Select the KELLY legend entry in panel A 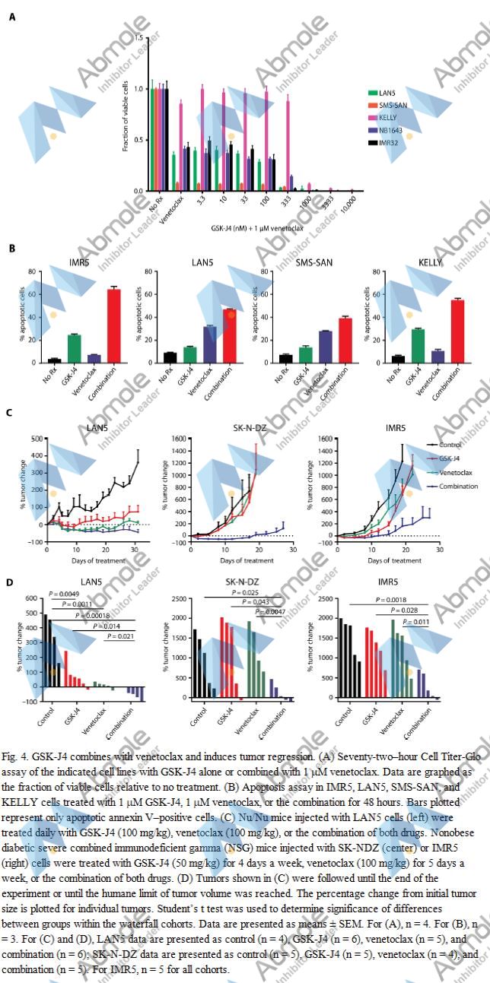point(388,118)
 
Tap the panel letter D point(10,582)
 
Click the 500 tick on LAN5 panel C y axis point(36,439)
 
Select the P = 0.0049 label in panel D point(64,593)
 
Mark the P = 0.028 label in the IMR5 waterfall point(406,610)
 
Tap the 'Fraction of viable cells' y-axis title point(126,114)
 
